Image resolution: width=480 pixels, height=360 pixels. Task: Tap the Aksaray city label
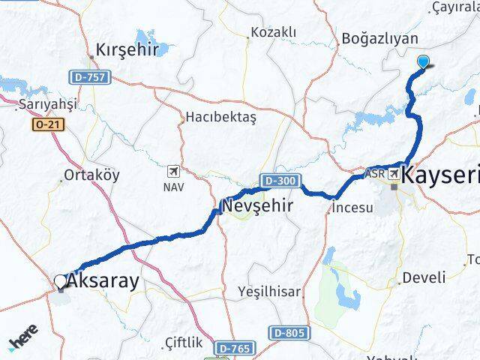(103, 282)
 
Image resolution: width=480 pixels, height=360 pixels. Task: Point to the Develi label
(424, 278)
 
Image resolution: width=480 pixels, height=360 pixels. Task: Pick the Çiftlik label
(183, 342)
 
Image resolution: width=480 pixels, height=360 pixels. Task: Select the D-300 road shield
(281, 181)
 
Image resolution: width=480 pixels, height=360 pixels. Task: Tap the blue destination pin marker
(424, 63)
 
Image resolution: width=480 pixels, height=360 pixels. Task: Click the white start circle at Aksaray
(61, 282)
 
